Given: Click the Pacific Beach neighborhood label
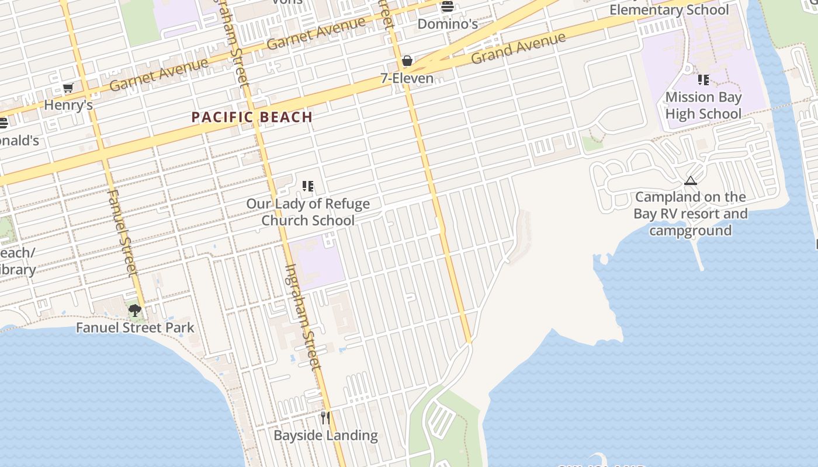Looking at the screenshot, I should [x=252, y=117].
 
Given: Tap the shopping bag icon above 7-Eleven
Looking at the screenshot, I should [x=407, y=61].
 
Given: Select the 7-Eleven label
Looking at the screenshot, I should [x=407, y=78].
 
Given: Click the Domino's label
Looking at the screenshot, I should [x=448, y=24].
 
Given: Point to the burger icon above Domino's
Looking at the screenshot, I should [x=448, y=7].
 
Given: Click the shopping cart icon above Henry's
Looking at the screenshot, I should [x=68, y=88].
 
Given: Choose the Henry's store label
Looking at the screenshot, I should [x=68, y=106].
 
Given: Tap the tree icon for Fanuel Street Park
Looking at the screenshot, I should [x=135, y=310].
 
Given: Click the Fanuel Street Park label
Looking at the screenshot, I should [x=135, y=327].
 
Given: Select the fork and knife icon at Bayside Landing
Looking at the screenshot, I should [x=325, y=418].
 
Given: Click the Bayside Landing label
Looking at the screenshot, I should [x=325, y=435].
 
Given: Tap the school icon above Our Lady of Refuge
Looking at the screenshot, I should [x=308, y=186].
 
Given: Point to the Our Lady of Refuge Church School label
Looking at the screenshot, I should [x=308, y=212].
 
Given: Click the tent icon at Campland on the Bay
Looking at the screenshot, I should [x=691, y=180].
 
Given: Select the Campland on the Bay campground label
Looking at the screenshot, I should [x=691, y=214].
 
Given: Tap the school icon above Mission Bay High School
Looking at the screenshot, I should [x=703, y=80].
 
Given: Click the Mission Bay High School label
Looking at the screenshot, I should [x=703, y=105].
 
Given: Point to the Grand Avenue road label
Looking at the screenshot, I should [x=518, y=48].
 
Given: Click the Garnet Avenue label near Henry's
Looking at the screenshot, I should [x=158, y=75].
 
